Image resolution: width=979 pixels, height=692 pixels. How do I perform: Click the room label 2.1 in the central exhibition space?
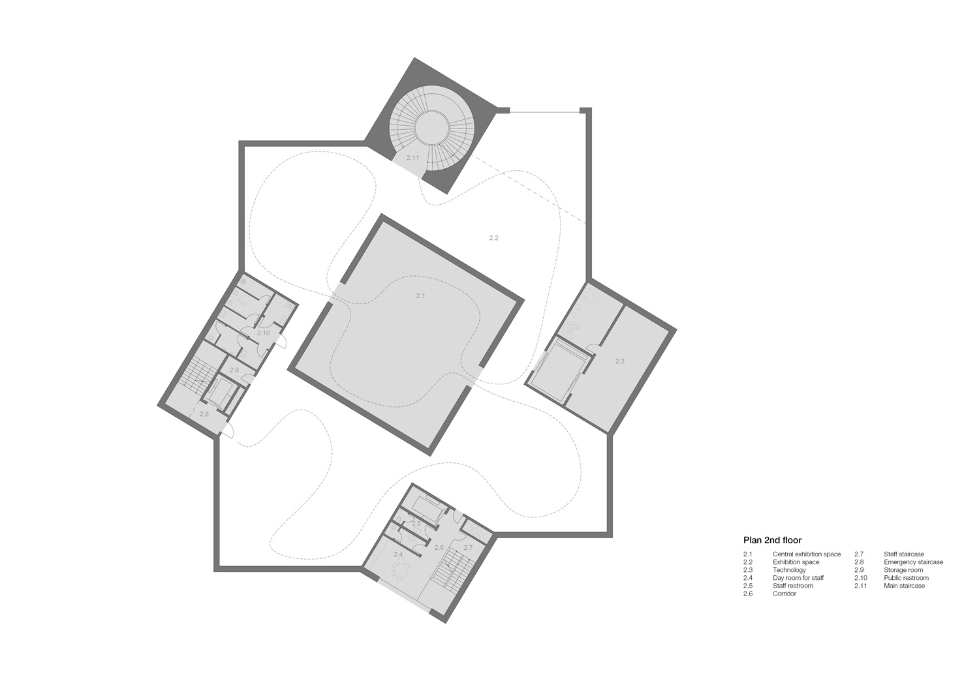pyautogui.click(x=420, y=295)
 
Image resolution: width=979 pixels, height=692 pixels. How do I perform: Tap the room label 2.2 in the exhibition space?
pyautogui.click(x=493, y=238)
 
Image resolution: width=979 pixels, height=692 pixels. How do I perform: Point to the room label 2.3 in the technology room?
pyautogui.click(x=620, y=361)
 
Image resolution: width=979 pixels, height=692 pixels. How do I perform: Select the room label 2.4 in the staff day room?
pyautogui.click(x=398, y=554)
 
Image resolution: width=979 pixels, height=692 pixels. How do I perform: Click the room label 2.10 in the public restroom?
pyautogui.click(x=264, y=333)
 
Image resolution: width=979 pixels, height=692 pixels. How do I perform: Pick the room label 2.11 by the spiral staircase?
pyautogui.click(x=412, y=158)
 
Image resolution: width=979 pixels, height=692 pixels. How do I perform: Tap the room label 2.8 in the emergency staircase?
pyautogui.click(x=204, y=414)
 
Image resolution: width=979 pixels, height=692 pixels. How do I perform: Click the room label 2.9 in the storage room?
pyautogui.click(x=234, y=370)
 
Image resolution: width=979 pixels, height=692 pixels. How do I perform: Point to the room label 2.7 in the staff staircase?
pyautogui.click(x=468, y=547)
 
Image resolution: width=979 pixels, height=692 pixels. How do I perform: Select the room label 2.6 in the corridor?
pyautogui.click(x=439, y=547)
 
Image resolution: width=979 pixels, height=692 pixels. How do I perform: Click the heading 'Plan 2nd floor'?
pyautogui.click(x=772, y=540)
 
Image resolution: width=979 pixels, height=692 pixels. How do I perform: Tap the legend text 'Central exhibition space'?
pyautogui.click(x=806, y=554)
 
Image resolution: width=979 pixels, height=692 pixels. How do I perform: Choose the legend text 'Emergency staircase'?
pyautogui.click(x=914, y=562)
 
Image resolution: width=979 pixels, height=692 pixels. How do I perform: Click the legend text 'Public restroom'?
pyautogui.click(x=906, y=578)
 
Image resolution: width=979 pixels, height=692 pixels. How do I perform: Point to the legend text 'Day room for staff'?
pyautogui.click(x=798, y=578)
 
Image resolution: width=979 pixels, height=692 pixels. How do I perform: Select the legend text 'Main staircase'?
pyautogui.click(x=904, y=586)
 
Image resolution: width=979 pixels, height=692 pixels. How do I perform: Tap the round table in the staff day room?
pyautogui.click(x=401, y=570)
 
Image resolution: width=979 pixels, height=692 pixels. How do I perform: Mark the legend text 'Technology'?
pyautogui.click(x=789, y=570)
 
